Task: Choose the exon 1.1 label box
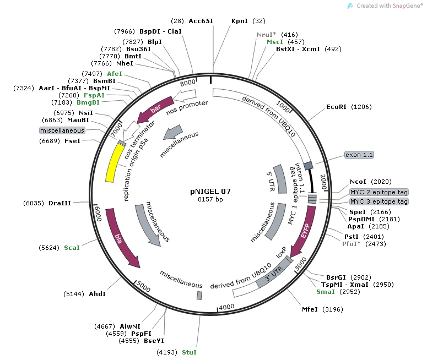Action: click(x=359, y=155)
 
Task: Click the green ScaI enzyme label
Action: click(x=72, y=248)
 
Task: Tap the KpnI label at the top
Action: click(x=240, y=21)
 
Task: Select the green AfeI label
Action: click(x=115, y=73)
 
